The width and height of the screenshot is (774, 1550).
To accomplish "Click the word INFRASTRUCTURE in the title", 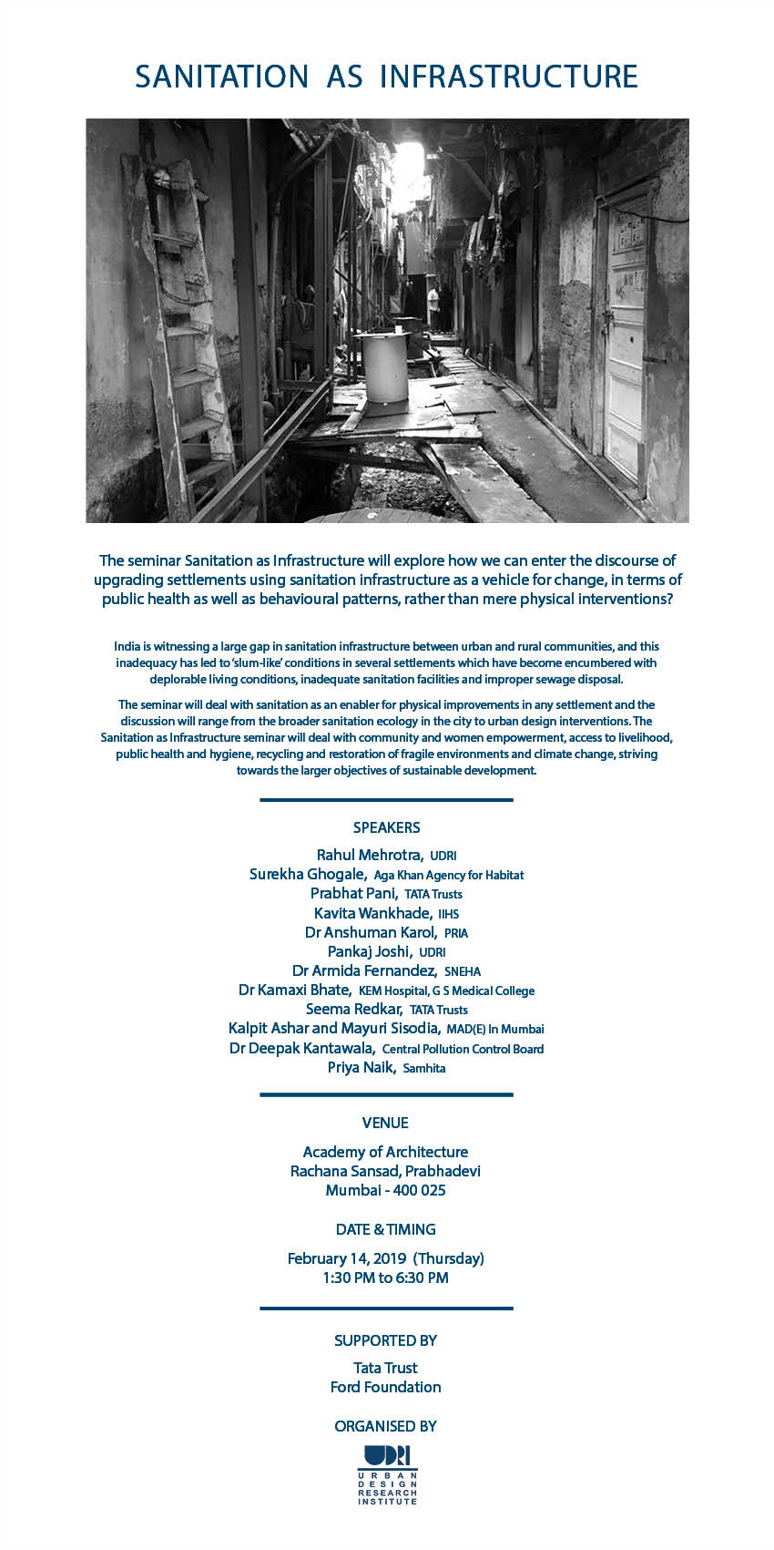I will point(508,77).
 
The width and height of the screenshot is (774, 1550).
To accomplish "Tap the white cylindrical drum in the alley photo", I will point(382,366).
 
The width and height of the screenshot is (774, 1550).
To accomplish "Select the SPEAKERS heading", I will point(386,827).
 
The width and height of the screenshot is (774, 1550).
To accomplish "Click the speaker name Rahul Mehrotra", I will point(369,855).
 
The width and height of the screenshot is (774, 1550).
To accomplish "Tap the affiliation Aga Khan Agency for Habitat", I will point(449,875).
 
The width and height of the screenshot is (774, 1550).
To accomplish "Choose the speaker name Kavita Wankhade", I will point(372,913).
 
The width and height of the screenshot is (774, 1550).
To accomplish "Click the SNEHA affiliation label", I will point(463,971).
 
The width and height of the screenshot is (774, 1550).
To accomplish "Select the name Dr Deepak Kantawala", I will point(301,1048).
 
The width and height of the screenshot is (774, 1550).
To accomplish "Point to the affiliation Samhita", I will point(424,1068).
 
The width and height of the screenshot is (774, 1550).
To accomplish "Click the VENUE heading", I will point(385,1123).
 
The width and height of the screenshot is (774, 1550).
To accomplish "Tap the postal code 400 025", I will point(419,1190).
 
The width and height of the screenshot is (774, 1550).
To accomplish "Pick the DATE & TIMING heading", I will point(385,1229).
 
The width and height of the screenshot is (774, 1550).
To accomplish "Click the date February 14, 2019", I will point(347,1258).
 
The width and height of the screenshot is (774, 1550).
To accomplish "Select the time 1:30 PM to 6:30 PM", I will point(385,1278).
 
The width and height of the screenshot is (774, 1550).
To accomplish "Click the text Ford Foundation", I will point(385,1387).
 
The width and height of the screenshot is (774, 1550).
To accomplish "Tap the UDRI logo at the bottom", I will point(387,1474).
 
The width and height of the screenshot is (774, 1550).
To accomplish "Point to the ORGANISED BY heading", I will point(385,1426).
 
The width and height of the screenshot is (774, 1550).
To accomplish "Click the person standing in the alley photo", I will point(434,307).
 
